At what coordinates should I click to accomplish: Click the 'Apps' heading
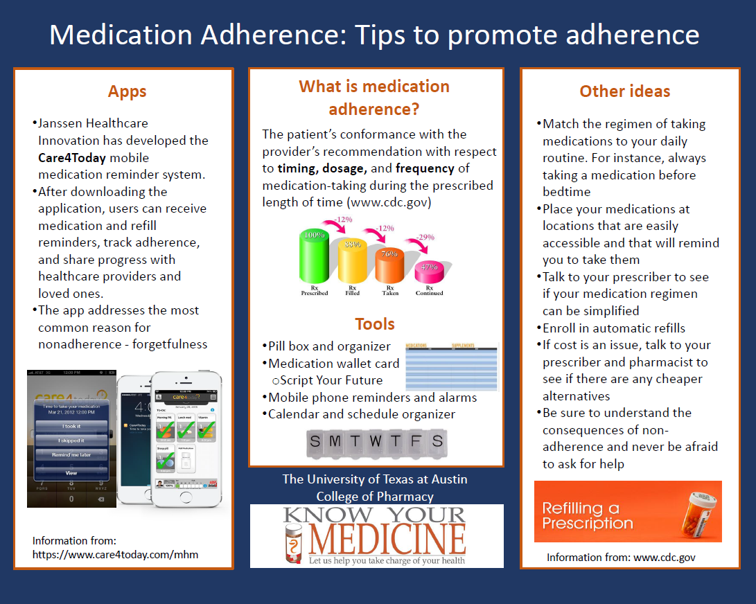[x=127, y=91]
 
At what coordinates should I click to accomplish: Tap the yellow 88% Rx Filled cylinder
[x=353, y=263]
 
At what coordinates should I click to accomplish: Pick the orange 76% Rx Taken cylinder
[x=389, y=267]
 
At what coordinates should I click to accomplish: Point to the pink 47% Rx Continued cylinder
[x=429, y=272]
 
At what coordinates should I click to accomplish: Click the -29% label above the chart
[x=425, y=237]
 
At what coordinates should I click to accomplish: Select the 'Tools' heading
[x=375, y=324]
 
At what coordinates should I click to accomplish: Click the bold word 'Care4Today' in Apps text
[x=72, y=157]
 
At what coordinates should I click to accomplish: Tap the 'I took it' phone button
[x=71, y=426]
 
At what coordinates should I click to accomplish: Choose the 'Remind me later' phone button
[x=71, y=454]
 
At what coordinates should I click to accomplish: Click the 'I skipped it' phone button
[x=71, y=441]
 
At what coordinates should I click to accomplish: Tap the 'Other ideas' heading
[x=624, y=91]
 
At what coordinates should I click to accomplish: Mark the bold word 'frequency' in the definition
[x=425, y=168]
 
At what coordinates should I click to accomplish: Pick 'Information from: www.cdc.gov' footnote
[x=621, y=557]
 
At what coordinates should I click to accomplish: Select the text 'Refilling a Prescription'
[x=588, y=516]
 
